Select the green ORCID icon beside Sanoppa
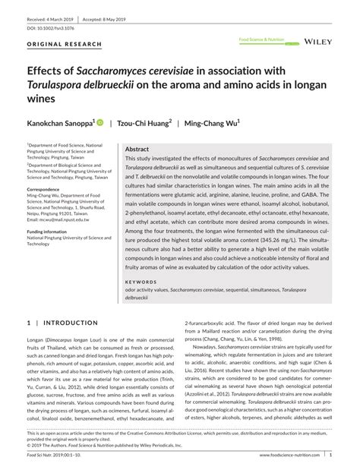(100, 121)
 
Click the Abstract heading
(137, 150)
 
